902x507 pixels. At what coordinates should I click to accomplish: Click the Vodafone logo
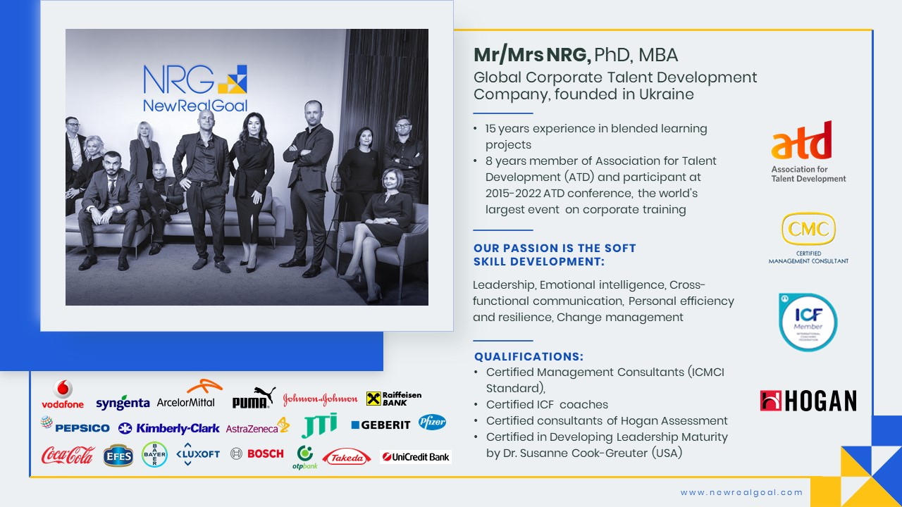tap(63, 394)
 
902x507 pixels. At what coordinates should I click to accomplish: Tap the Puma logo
tap(254, 398)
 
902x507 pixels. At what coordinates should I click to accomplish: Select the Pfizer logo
tap(432, 422)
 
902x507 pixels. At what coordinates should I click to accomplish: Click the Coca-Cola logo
tap(68, 455)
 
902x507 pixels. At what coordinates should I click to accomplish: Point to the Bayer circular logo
tap(154, 455)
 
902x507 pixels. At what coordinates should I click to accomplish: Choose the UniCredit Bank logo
tap(416, 457)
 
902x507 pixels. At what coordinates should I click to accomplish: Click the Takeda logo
tap(346, 457)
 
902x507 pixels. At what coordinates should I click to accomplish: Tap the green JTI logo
tap(319, 425)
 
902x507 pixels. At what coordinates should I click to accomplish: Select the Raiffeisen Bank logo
tap(394, 399)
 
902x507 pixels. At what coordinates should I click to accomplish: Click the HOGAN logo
tap(808, 401)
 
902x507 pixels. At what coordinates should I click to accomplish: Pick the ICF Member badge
tap(808, 323)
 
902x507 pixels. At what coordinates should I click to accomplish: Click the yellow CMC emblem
tap(808, 229)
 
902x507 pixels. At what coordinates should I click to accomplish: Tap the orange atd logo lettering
tap(801, 140)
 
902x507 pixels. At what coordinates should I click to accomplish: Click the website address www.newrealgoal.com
tap(741, 492)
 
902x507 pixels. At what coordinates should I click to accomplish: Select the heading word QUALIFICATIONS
tap(529, 356)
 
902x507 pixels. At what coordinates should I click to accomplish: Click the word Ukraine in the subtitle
tap(667, 94)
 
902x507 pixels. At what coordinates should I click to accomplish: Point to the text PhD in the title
tap(612, 55)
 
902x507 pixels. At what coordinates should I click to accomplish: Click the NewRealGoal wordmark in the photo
tap(195, 106)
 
